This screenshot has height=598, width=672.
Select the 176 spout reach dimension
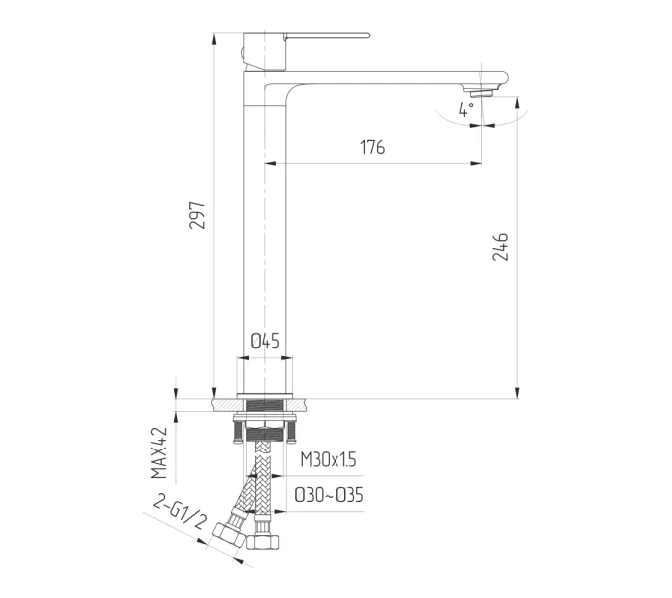371,149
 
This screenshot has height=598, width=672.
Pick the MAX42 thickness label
159,453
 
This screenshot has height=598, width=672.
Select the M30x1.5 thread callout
328,459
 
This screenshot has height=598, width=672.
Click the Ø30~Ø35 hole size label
329,494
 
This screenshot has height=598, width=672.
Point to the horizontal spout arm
388,78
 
